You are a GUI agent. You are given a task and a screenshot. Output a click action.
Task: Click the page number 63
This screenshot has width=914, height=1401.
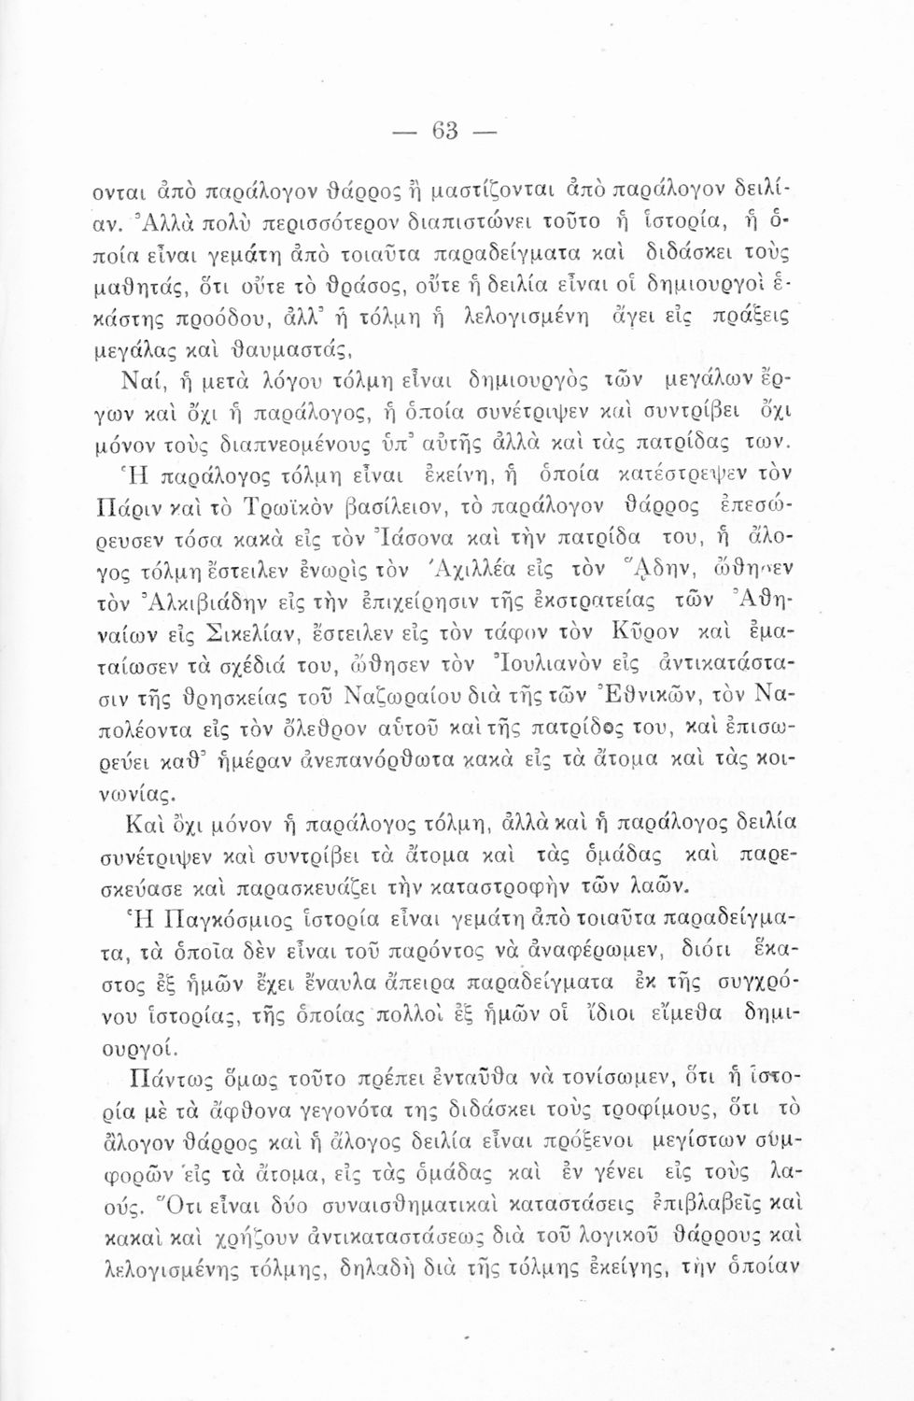pos(444,131)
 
